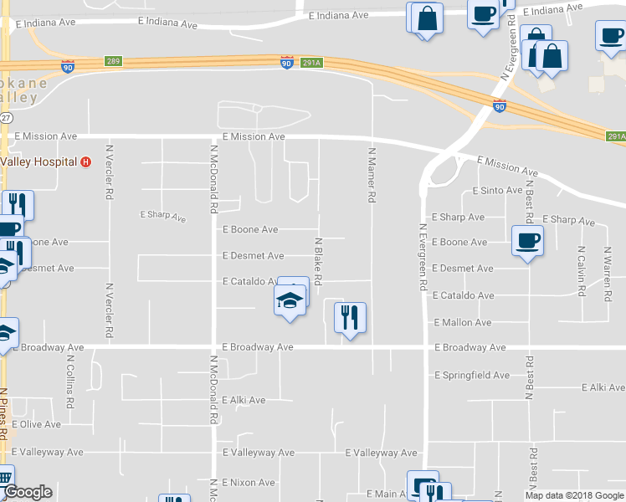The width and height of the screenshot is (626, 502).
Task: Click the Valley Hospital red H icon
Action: click(85, 161)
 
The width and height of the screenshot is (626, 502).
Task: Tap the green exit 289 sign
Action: click(114, 61)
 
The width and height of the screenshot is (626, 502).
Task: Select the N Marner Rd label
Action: click(369, 176)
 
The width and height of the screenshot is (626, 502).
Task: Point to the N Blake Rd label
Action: click(318, 259)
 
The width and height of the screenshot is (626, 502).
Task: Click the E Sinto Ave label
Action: click(497, 191)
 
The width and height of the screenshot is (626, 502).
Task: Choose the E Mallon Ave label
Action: click(463, 322)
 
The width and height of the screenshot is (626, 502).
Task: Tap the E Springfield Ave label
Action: click(472, 376)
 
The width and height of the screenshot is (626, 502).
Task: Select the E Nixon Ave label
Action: click(249, 483)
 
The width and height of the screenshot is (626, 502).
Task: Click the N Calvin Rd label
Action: click(580, 270)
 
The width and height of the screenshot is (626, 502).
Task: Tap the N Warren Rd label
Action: click(608, 270)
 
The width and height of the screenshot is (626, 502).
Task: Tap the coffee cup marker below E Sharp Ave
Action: click(526, 241)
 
